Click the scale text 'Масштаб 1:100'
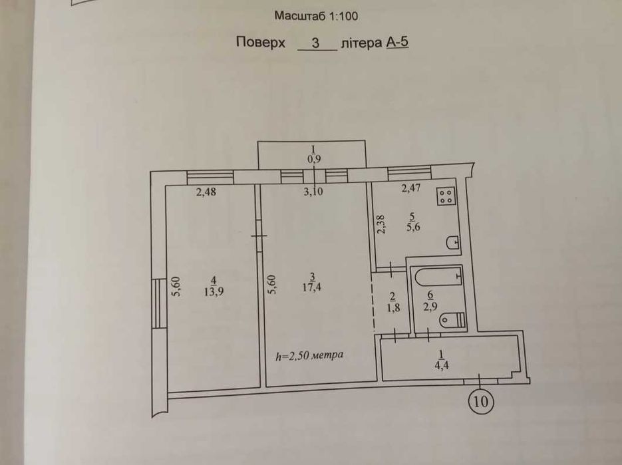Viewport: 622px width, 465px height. click(316, 16)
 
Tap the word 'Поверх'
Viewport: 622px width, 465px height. click(261, 43)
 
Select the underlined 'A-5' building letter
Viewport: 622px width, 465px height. click(397, 42)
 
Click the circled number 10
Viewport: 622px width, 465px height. click(481, 402)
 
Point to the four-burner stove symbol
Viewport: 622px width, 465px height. click(446, 196)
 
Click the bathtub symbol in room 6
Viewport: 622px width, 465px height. click(439, 276)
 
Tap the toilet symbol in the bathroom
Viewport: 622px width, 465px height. click(452, 320)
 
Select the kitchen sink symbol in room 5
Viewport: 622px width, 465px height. click(453, 242)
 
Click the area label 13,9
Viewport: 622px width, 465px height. click(214, 291)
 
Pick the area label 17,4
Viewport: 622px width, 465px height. click(312, 287)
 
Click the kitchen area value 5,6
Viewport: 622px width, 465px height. click(413, 227)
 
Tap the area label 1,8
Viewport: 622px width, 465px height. click(392, 307)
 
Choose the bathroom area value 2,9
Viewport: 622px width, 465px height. click(430, 306)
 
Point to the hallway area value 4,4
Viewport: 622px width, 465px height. click(442, 365)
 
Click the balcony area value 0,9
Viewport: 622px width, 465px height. click(314, 159)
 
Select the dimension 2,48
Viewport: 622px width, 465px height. click(206, 192)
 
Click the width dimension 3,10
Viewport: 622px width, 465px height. click(313, 192)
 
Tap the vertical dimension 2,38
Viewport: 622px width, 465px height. click(381, 225)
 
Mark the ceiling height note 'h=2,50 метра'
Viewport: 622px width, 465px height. click(309, 355)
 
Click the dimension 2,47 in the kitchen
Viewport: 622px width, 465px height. click(410, 188)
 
